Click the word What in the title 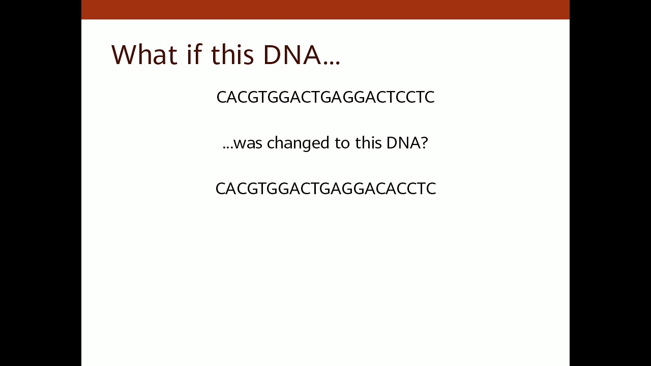pos(143,54)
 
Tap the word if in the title pos(194,54)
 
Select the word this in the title pos(232,54)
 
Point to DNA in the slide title pos(292,54)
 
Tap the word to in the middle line pos(342,143)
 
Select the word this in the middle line pos(368,143)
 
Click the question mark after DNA pos(424,143)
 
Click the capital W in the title pos(125,54)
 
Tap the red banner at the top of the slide pos(325,9)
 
